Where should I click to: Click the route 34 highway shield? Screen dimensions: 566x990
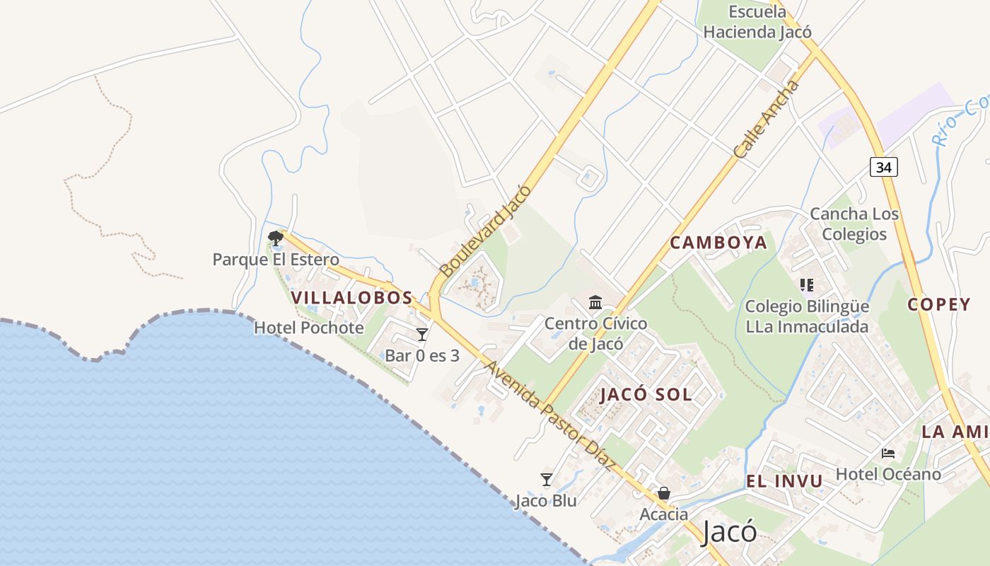884,166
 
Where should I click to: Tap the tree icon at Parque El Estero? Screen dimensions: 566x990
275,238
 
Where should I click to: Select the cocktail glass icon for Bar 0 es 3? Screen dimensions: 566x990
422,334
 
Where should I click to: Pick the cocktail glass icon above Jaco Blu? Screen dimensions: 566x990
546,480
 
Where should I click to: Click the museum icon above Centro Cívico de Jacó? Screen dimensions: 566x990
595,303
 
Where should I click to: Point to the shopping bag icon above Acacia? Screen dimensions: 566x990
664,493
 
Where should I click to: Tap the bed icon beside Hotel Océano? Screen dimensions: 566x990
888,453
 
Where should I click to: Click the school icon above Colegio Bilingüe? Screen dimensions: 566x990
807,285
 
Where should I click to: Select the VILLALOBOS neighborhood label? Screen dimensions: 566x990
351,298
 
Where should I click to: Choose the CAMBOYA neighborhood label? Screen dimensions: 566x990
718,243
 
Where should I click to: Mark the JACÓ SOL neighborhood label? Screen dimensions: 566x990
646,395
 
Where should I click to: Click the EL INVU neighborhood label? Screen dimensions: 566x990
784,482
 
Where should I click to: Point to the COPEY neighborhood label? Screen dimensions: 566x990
939,305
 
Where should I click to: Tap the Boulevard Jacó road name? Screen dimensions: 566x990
485,231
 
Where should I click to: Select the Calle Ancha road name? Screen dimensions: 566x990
767,120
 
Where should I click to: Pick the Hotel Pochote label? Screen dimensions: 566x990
308,328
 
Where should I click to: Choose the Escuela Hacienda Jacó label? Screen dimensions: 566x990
757,22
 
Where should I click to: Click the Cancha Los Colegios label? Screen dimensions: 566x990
854,224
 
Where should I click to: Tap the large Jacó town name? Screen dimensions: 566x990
729,531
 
